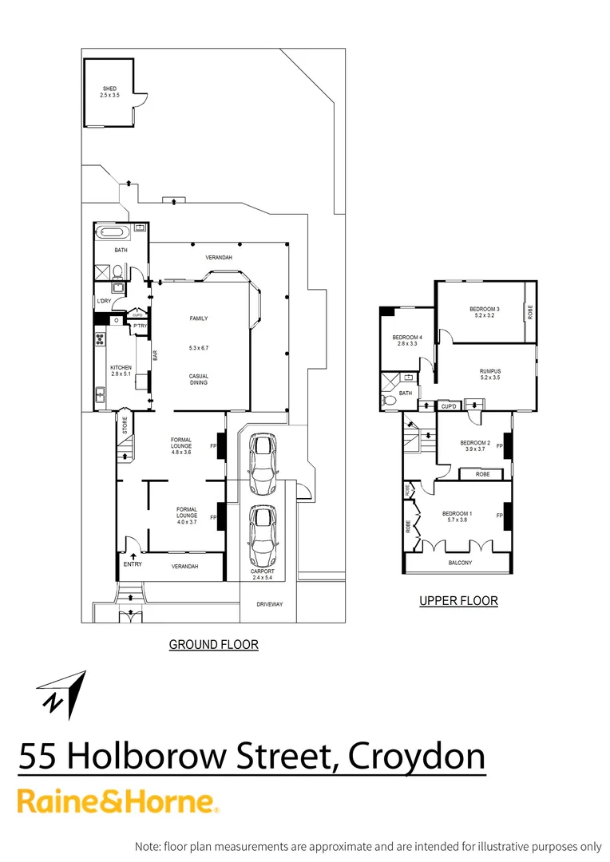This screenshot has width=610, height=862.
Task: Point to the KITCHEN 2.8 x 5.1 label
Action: (x=121, y=371)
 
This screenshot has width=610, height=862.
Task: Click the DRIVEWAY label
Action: (x=269, y=604)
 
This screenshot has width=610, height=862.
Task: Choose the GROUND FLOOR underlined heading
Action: (x=213, y=644)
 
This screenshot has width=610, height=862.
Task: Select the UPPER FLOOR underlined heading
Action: (x=458, y=601)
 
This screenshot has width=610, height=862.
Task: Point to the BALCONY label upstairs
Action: (x=459, y=563)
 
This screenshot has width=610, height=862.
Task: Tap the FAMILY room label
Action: (x=199, y=318)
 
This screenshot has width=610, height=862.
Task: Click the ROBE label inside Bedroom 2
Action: (x=482, y=474)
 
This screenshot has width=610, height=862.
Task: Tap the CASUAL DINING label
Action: (x=199, y=379)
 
